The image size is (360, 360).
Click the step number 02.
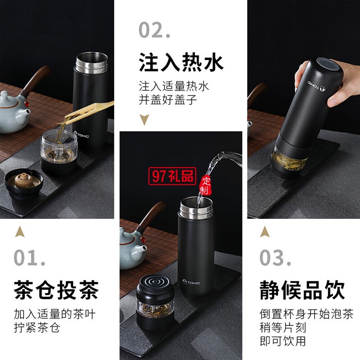pos(155,30)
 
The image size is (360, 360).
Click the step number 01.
pos(29,257)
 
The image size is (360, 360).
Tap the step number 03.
pos(276,257)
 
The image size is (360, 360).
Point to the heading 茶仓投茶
pos(57,290)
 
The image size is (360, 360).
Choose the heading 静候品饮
pos(302,290)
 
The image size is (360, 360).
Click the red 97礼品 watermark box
pos(172,176)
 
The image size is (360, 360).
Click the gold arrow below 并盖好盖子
pos(144,120)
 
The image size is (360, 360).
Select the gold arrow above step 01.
pos(20,231)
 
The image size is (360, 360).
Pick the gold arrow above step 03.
pos(265,231)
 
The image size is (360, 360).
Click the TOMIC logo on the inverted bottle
pos(316,85)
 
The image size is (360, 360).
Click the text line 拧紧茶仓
pos(37,328)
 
